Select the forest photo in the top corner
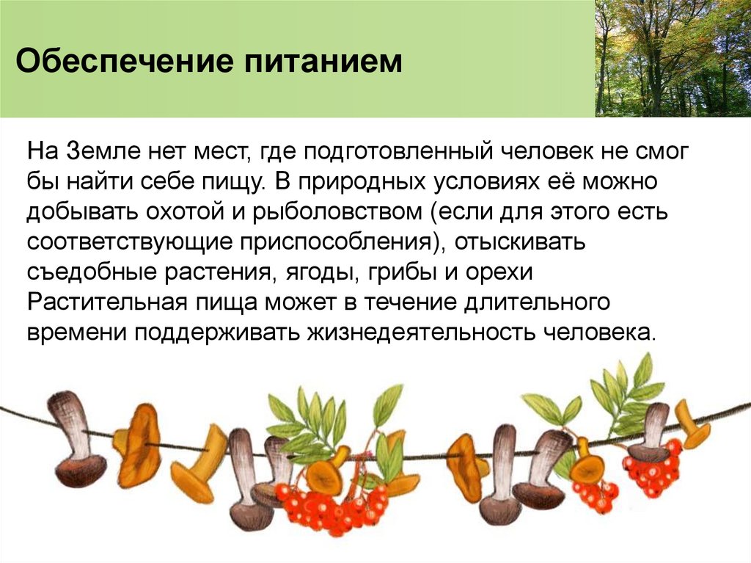673,58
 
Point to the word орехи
494,272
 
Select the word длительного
547,302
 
